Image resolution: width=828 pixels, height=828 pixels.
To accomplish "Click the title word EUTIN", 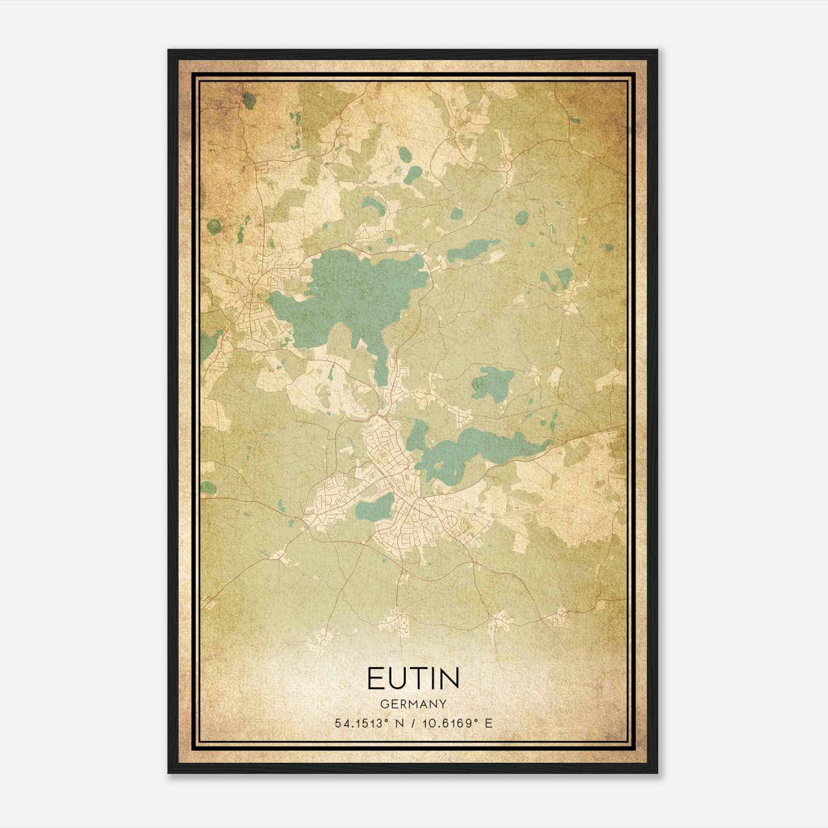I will coord(413,678).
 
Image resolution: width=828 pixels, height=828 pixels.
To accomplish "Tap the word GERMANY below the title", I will coord(413,704).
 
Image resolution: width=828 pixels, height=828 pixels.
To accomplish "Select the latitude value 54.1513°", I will coord(361,723).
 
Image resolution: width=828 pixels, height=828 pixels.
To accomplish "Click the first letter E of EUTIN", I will coord(375,678).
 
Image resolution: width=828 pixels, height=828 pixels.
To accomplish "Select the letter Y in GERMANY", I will coord(442,704).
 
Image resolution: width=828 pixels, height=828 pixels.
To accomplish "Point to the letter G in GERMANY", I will coord(383,704).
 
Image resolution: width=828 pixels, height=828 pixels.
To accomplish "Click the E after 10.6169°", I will coord(488,723).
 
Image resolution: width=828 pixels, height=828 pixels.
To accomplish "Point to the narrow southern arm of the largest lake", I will coord(381,362).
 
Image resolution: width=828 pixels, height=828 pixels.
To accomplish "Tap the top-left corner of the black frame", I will coord(169,51).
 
